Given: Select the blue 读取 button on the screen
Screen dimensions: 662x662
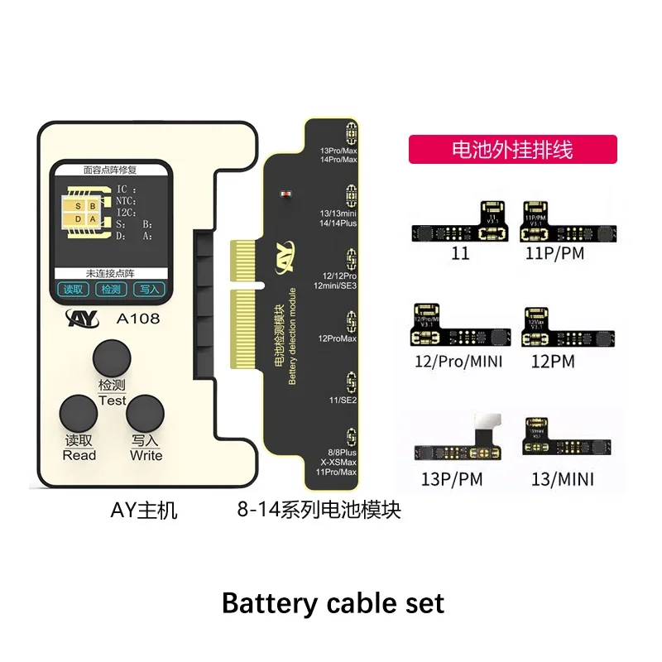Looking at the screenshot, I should [74, 290].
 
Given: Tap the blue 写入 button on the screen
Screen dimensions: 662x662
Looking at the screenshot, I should [150, 290].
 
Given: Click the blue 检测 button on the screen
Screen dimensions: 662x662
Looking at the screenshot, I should [112, 290].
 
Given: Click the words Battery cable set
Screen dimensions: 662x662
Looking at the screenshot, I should [333, 603].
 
